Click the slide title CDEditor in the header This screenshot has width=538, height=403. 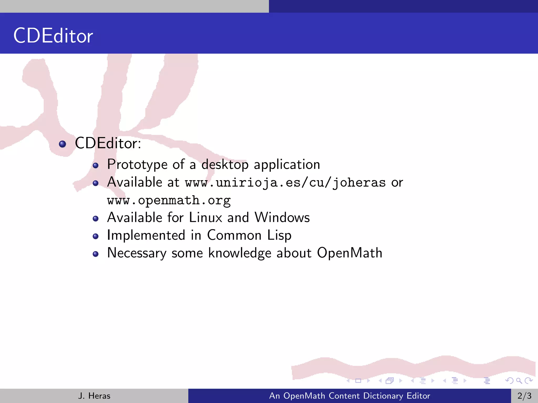[53, 36]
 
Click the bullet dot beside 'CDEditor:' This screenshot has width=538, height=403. [63, 144]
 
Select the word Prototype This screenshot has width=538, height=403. [137, 165]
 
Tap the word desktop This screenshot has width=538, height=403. [225, 165]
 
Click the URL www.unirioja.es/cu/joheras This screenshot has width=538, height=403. [285, 183]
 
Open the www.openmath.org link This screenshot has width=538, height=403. [169, 200]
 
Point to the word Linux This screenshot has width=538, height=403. [205, 218]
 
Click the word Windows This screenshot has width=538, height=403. [282, 218]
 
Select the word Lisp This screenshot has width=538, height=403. [279, 235]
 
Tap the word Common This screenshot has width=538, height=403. [234, 235]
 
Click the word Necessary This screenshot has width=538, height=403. [137, 253]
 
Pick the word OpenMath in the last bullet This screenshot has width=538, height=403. [349, 253]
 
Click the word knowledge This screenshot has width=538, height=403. [240, 253]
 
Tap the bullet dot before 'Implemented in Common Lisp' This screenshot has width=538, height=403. [96, 236]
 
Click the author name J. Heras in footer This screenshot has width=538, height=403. [94, 396]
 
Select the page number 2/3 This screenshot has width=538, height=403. [524, 396]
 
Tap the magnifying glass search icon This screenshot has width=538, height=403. [519, 380]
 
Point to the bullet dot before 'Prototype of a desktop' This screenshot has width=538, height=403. [96, 166]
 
